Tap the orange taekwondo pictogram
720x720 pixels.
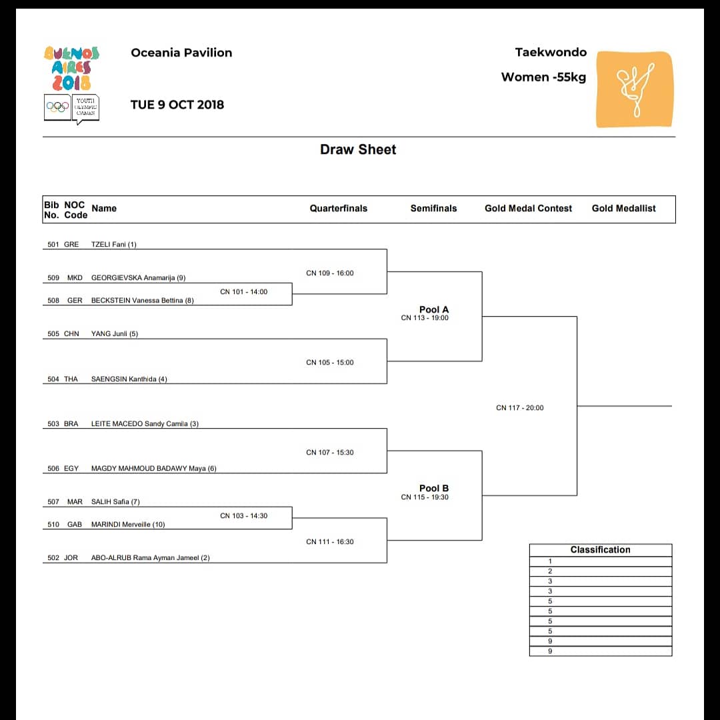pos(634,89)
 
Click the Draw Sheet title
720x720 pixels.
pos(358,149)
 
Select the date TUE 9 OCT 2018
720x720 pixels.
pos(177,105)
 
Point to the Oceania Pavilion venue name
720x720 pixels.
pos(181,53)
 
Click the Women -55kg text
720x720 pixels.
pos(543,77)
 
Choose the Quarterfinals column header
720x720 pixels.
pos(338,209)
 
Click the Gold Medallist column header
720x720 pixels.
pos(623,209)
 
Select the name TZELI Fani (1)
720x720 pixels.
pos(113,245)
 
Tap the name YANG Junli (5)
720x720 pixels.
pos(114,334)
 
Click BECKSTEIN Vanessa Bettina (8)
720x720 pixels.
pos(142,301)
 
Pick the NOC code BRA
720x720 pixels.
pos(71,424)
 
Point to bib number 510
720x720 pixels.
pos(53,525)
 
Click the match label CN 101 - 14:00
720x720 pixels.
pos(243,292)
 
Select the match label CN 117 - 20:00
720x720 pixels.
pos(519,408)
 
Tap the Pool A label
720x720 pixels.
pos(434,309)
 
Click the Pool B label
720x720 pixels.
pos(434,488)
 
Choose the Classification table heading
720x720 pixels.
pos(600,550)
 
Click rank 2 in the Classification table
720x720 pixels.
pos(550,571)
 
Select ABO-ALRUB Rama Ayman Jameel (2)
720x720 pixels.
pos(150,558)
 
